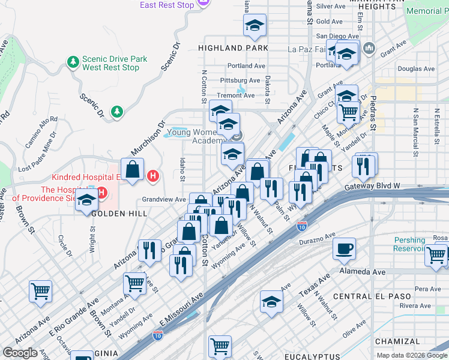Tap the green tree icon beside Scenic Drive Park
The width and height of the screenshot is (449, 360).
73,62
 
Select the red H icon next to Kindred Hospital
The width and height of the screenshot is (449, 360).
153,176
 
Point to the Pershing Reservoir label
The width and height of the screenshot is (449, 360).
410,244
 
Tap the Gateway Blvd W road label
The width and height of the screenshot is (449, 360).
372,187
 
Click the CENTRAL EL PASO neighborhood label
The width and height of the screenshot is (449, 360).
372,296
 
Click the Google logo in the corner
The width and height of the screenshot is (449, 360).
20,352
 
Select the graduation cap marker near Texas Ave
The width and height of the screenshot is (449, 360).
271,302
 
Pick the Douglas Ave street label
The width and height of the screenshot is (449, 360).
416,69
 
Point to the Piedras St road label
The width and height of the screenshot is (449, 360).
373,114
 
